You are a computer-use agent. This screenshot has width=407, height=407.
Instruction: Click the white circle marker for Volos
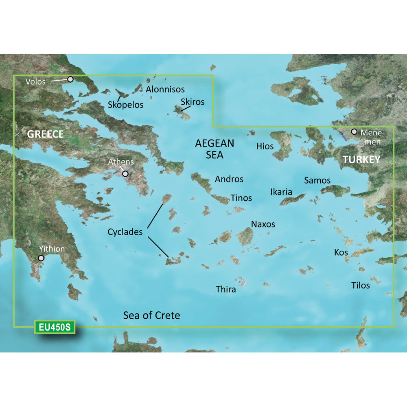(70, 79)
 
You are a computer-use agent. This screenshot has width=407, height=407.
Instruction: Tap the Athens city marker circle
(125, 174)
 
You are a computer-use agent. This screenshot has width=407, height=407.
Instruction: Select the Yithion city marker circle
(41, 258)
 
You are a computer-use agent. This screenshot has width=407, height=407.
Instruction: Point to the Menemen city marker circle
(354, 132)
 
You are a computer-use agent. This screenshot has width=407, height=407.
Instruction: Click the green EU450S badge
(55, 327)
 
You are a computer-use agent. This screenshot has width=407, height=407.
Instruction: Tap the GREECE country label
(46, 134)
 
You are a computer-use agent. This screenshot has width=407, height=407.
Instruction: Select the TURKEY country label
(361, 160)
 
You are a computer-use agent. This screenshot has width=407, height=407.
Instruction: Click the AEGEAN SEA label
(214, 149)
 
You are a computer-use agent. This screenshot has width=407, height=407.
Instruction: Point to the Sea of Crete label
(151, 315)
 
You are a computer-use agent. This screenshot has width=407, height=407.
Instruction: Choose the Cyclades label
(125, 232)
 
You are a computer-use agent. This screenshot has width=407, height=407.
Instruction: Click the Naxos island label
(263, 224)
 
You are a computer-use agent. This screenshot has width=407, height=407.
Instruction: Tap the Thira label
(225, 289)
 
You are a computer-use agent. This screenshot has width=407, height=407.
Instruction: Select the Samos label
(317, 180)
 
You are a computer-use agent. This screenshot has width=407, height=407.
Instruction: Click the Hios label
(265, 146)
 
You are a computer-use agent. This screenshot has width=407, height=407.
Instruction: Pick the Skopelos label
(126, 105)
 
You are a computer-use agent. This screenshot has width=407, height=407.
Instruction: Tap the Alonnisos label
(165, 89)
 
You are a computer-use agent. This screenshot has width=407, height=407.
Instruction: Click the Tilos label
(361, 285)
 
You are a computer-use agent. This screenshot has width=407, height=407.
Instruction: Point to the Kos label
(341, 252)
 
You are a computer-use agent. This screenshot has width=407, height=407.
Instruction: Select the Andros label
(229, 179)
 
